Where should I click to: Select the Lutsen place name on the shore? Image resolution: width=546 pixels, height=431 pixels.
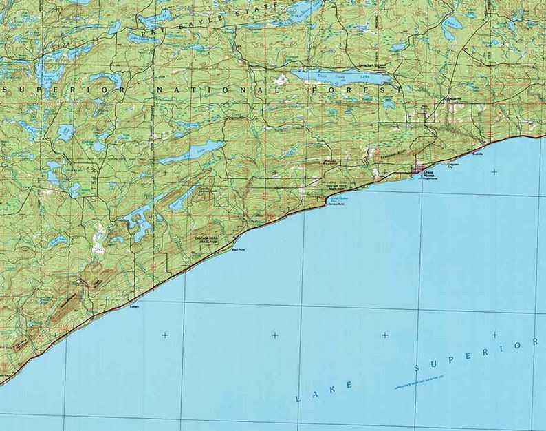134,308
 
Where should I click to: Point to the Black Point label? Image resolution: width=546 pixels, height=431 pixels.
238,250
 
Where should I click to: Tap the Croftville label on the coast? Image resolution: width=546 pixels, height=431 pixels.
477,154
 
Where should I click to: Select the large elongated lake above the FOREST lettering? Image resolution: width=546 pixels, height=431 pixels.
340,76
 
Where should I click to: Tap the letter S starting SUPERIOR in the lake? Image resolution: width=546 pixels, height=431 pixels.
417,369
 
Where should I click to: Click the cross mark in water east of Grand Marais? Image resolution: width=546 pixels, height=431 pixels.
494,172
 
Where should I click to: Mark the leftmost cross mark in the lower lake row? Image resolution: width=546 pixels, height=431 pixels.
164,335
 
